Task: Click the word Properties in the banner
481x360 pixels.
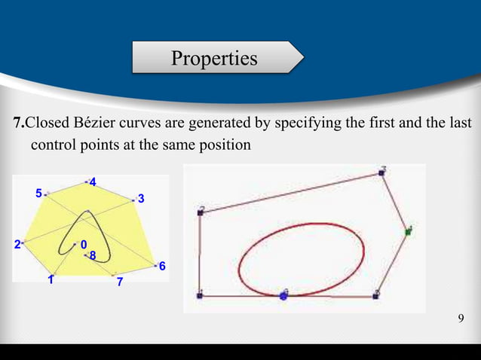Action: (213, 57)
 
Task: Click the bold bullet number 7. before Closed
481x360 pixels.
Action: (20, 123)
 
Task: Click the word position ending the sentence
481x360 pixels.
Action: (225, 144)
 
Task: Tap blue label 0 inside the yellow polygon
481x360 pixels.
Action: (83, 244)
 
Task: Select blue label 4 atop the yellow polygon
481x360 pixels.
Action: (92, 183)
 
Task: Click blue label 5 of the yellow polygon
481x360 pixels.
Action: (38, 194)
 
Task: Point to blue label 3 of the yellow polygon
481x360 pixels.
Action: (141, 199)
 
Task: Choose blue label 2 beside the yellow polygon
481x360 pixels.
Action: (17, 244)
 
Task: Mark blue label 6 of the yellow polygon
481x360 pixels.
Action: (161, 267)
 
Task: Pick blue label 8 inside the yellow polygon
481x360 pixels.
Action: (92, 256)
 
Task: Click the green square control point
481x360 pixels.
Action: (408, 231)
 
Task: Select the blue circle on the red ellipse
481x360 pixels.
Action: (283, 295)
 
